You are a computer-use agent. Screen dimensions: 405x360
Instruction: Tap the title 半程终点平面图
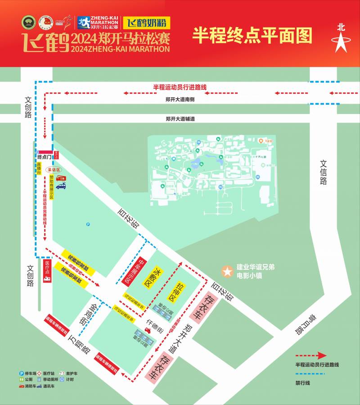point(252,35)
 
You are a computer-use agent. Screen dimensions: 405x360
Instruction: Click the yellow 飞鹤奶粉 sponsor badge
point(144,22)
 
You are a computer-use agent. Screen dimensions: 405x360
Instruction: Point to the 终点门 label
point(45,157)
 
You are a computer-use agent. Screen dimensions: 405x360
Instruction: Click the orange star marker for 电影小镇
point(228,272)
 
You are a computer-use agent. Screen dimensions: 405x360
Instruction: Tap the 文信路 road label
point(324,173)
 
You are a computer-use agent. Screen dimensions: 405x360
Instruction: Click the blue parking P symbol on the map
point(88,224)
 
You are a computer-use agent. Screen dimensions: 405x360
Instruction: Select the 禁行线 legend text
point(303,383)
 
